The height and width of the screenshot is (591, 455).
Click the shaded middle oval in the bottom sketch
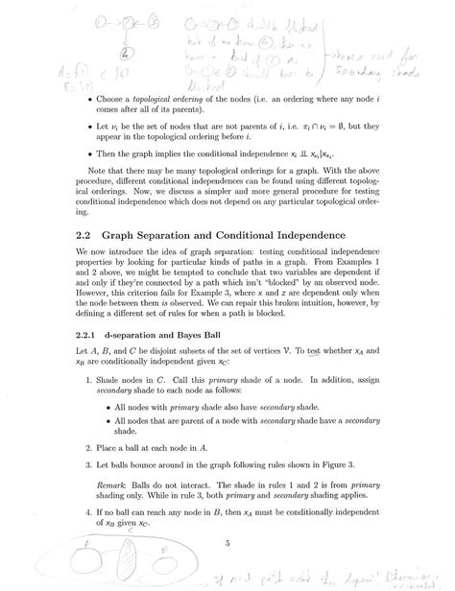click(x=133, y=562)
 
